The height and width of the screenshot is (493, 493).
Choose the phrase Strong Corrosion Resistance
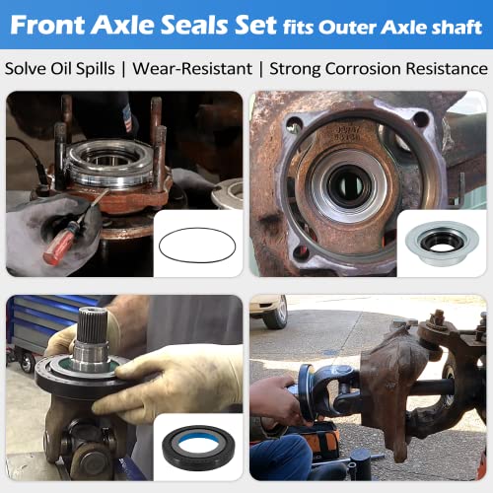379,69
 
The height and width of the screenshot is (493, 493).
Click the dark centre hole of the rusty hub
344,184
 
